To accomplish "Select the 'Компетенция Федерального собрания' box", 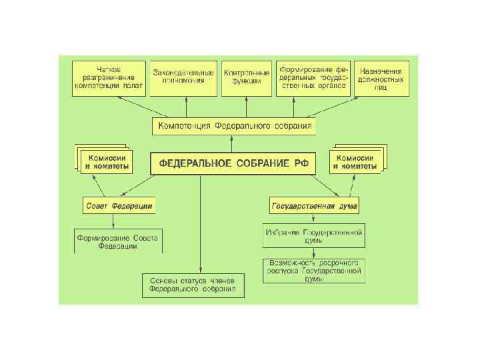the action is pos(233,126).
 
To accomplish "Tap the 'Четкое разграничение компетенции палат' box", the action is pos(110,78).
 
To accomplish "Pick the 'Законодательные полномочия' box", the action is pos(183,75).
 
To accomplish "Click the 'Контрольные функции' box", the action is pos(247,76).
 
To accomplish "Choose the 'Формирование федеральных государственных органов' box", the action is pos(313,77).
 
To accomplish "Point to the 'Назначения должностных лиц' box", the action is pos(381,78).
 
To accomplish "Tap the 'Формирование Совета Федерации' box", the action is pos(117,241).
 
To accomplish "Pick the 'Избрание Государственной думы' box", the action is pos(313,236).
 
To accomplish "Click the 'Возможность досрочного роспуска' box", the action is pos(313,269).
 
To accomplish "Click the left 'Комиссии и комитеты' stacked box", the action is pos(107,161).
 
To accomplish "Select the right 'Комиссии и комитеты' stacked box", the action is pos(357,161).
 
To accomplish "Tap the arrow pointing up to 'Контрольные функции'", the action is pos(245,107).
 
